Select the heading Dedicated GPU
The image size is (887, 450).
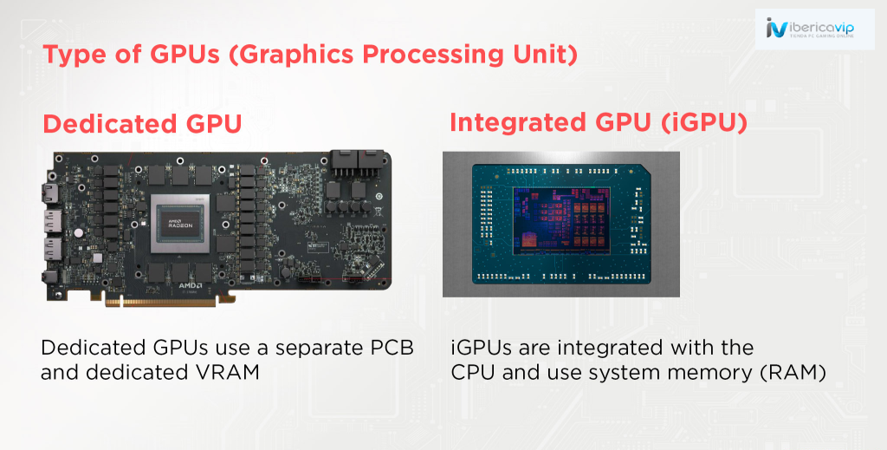pyautogui.click(x=143, y=124)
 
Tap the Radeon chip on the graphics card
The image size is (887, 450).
pyautogui.click(x=180, y=223)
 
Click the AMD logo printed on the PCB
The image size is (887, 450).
pyautogui.click(x=191, y=285)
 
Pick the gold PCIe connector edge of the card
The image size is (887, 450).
pyautogui.click(x=161, y=302)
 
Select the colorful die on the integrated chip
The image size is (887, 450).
pyautogui.click(x=561, y=221)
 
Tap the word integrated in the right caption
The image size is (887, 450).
pyautogui.click(x=612, y=349)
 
